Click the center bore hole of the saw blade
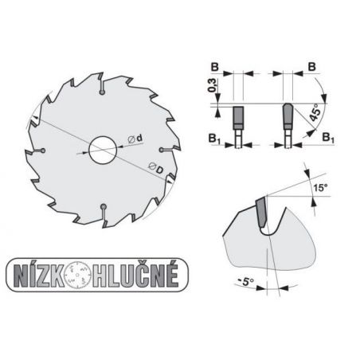[x=101, y=150]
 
